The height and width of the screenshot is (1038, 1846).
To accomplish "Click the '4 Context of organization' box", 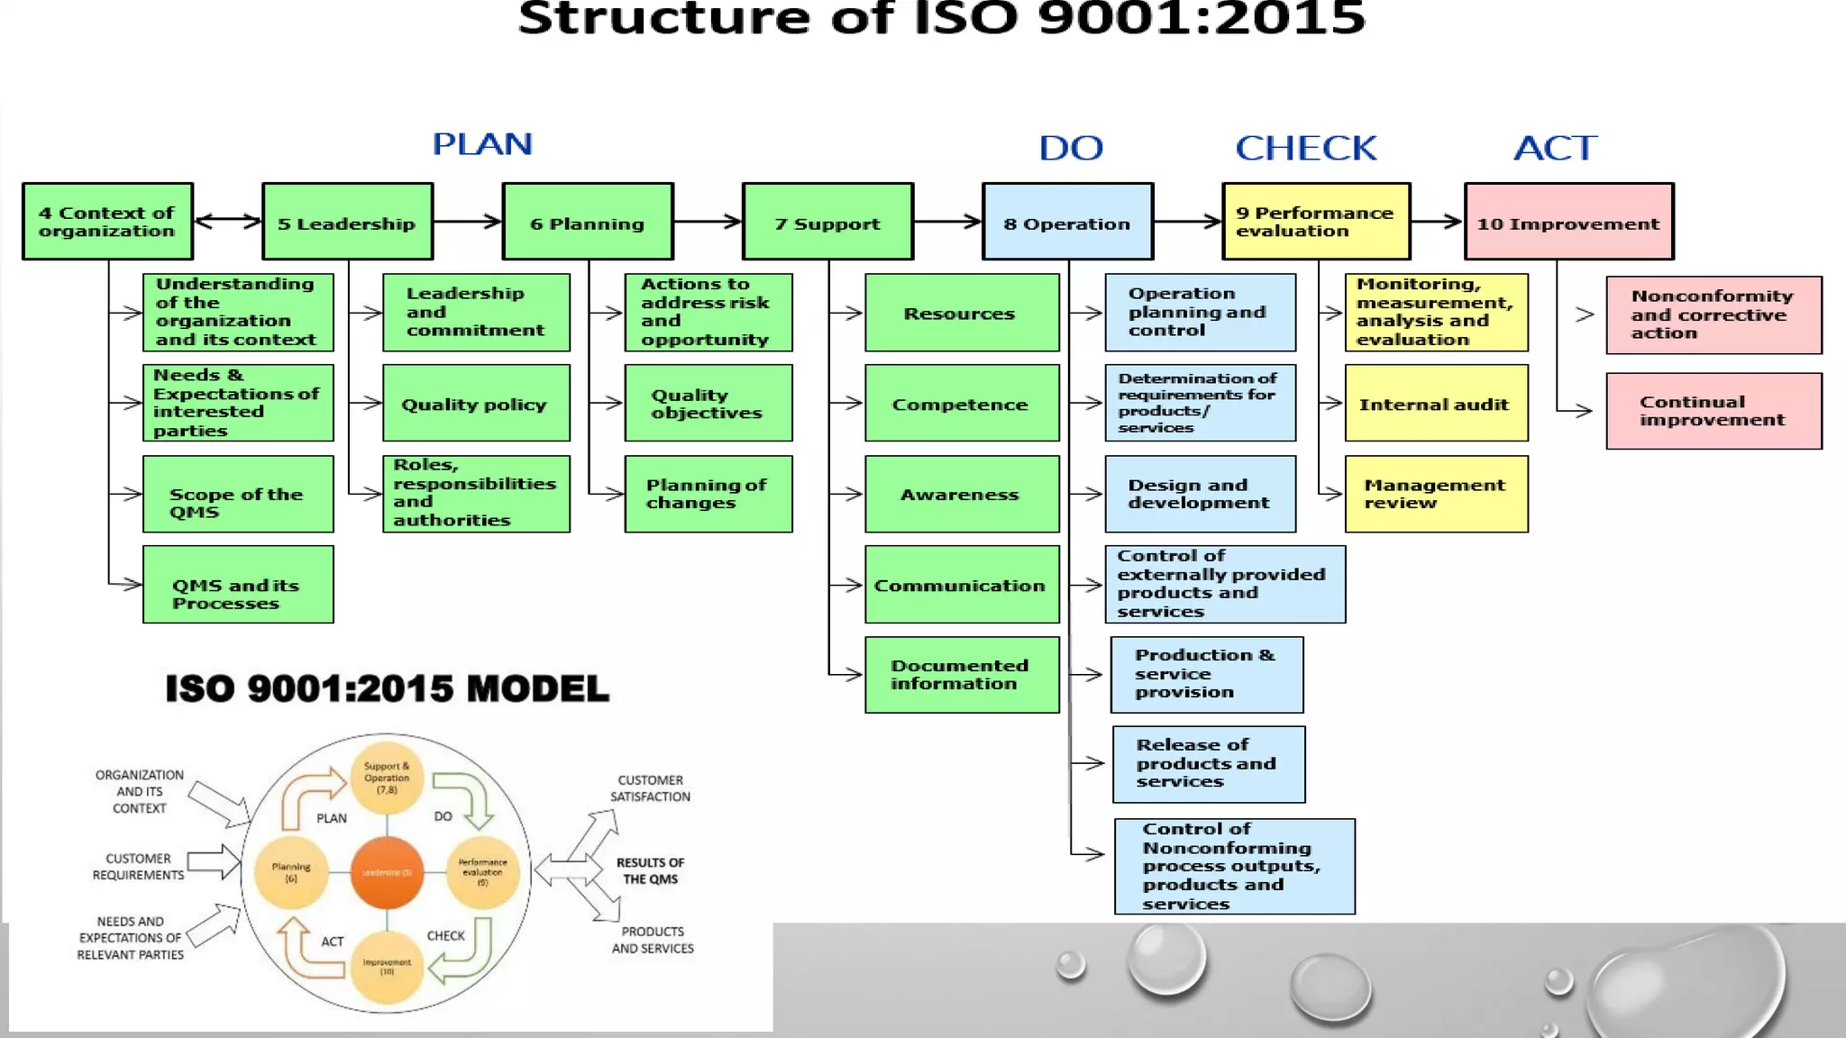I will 107,222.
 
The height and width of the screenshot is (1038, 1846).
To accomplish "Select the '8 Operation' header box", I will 1067,222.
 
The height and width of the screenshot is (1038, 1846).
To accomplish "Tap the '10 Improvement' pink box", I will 1568,222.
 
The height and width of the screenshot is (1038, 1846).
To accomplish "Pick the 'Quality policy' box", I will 476,404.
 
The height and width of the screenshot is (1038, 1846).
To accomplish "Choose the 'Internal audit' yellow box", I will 1436,404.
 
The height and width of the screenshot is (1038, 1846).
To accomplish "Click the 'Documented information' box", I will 962,675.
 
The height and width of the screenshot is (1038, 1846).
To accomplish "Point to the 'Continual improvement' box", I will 1713,411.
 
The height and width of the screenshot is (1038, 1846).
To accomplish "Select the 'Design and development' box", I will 1200,494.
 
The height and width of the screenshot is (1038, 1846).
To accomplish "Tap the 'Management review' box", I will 1436,494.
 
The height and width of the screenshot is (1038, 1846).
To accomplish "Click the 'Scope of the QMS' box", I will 238,494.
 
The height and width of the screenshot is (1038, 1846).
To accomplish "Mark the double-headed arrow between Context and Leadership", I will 227,221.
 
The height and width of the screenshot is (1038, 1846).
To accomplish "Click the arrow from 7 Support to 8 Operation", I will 947,221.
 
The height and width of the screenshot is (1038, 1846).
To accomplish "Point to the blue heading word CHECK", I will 1305,148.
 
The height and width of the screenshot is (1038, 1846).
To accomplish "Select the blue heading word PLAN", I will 482,144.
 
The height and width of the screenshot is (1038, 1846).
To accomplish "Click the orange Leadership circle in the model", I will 387,872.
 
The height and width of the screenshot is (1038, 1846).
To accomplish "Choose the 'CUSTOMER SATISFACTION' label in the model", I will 650,788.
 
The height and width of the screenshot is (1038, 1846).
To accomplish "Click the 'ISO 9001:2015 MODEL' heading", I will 387,689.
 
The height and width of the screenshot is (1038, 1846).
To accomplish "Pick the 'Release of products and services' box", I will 1208,764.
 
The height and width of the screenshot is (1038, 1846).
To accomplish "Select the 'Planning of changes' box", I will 708,494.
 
